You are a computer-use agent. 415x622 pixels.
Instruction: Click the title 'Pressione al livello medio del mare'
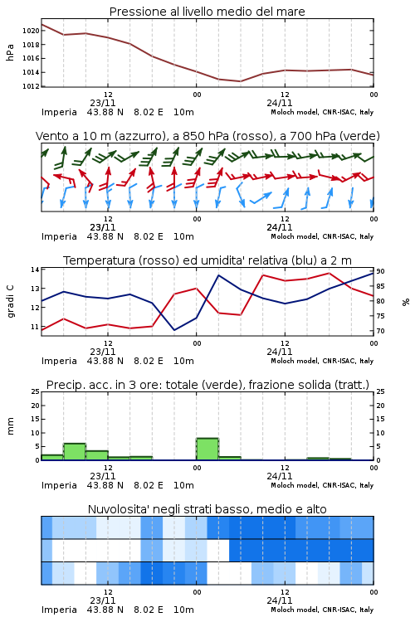coord(207,12)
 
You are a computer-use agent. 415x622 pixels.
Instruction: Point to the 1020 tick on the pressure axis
coord(31,31)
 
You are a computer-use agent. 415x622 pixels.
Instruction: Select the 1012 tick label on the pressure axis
coord(31,86)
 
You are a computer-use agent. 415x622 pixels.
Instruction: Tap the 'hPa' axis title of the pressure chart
coord(10,52)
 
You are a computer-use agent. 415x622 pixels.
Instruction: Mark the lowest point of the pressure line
coord(240,81)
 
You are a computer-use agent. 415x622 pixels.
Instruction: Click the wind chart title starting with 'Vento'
coord(207,136)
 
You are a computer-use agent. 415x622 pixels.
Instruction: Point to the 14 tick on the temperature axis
coord(35,270)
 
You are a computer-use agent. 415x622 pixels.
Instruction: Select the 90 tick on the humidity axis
coord(380,271)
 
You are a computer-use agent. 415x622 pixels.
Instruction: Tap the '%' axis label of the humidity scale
coord(406,302)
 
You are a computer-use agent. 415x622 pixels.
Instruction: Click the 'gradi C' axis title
coord(10,302)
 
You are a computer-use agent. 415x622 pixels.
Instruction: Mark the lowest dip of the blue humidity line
coord(174,330)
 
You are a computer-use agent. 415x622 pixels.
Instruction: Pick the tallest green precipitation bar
coord(207,449)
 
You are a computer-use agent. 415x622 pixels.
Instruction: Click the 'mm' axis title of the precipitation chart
coord(10,426)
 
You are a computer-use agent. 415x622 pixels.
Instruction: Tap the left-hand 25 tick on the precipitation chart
coord(35,391)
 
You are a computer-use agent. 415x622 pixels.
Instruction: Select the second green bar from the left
coord(75,452)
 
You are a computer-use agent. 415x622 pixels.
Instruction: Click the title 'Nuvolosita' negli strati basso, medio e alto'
coord(207,509)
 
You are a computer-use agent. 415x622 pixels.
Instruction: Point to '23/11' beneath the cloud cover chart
coord(103,600)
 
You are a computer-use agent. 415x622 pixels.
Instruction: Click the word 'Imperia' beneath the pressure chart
coord(59,112)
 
